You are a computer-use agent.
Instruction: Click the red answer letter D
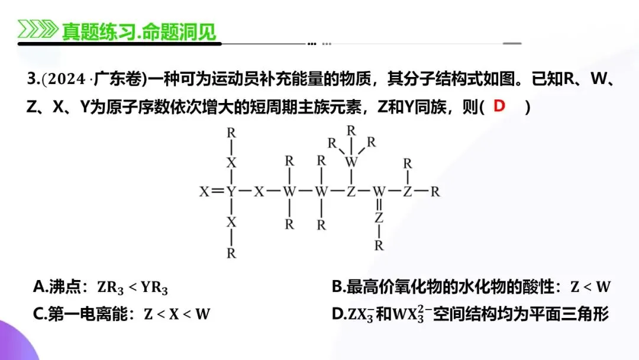pyautogui.click(x=500, y=107)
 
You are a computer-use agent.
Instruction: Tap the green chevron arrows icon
pyautogui.click(x=37, y=30)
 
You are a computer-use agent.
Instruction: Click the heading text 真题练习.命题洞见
pyautogui.click(x=138, y=30)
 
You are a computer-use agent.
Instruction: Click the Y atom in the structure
pyautogui.click(x=231, y=192)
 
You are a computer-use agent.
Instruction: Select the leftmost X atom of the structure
pyautogui.click(x=205, y=192)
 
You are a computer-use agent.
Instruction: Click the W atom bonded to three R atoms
pyautogui.click(x=351, y=161)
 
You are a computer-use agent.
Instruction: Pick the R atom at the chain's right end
pyautogui.click(x=435, y=192)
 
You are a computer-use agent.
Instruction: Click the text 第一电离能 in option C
pyautogui.click(x=95, y=314)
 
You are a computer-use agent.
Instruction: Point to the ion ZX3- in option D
pyautogui.click(x=361, y=314)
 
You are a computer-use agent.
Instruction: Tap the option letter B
pyautogui.click(x=337, y=287)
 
